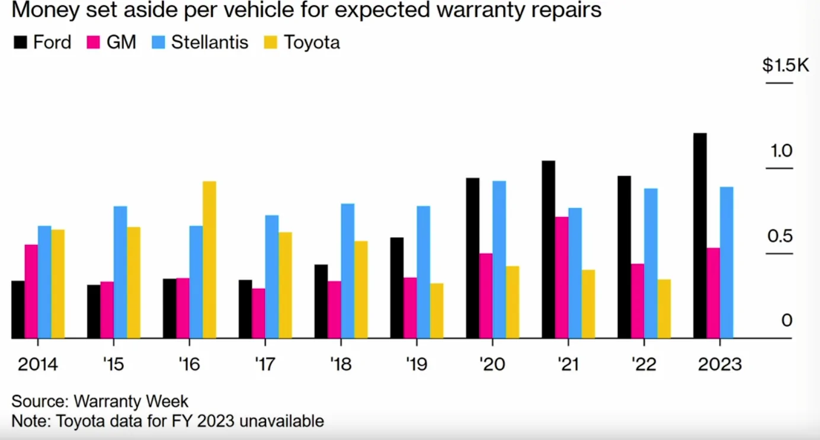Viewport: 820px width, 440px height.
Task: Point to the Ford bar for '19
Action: (x=397, y=288)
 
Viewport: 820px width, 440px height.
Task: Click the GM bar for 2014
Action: (x=31, y=292)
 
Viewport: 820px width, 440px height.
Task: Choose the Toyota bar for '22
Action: (x=664, y=309)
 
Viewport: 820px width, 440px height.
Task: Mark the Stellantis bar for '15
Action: (x=120, y=272)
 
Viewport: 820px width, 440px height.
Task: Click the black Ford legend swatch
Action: (x=20, y=43)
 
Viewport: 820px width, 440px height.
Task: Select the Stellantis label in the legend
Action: (x=210, y=43)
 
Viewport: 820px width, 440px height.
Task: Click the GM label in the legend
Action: (x=121, y=43)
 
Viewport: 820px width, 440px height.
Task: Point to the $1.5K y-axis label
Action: (x=785, y=66)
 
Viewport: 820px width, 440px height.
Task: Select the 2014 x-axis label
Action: (x=38, y=364)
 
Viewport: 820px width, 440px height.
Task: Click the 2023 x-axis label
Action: (x=719, y=364)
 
